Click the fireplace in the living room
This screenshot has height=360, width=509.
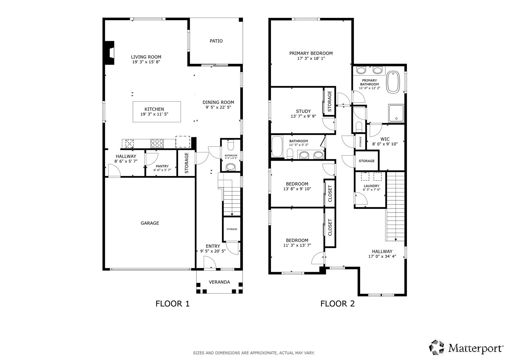click(109, 53)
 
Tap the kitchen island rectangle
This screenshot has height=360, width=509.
click(157, 112)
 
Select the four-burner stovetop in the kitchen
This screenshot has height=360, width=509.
click(157, 144)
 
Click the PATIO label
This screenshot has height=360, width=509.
click(216, 41)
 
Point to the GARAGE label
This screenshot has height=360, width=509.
click(150, 223)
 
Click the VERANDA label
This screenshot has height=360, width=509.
click(219, 282)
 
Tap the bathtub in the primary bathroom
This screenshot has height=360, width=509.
click(393, 82)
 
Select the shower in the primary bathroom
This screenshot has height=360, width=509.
click(396, 113)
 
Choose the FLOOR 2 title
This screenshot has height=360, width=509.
click(337, 304)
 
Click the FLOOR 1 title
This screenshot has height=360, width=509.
click(172, 304)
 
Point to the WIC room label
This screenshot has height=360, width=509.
click(385, 139)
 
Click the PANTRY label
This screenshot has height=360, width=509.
click(162, 166)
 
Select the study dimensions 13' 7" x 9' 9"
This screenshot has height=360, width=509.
click(303, 116)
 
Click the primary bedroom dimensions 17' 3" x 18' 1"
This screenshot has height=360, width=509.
click(311, 58)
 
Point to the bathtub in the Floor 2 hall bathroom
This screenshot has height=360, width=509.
click(277, 146)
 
